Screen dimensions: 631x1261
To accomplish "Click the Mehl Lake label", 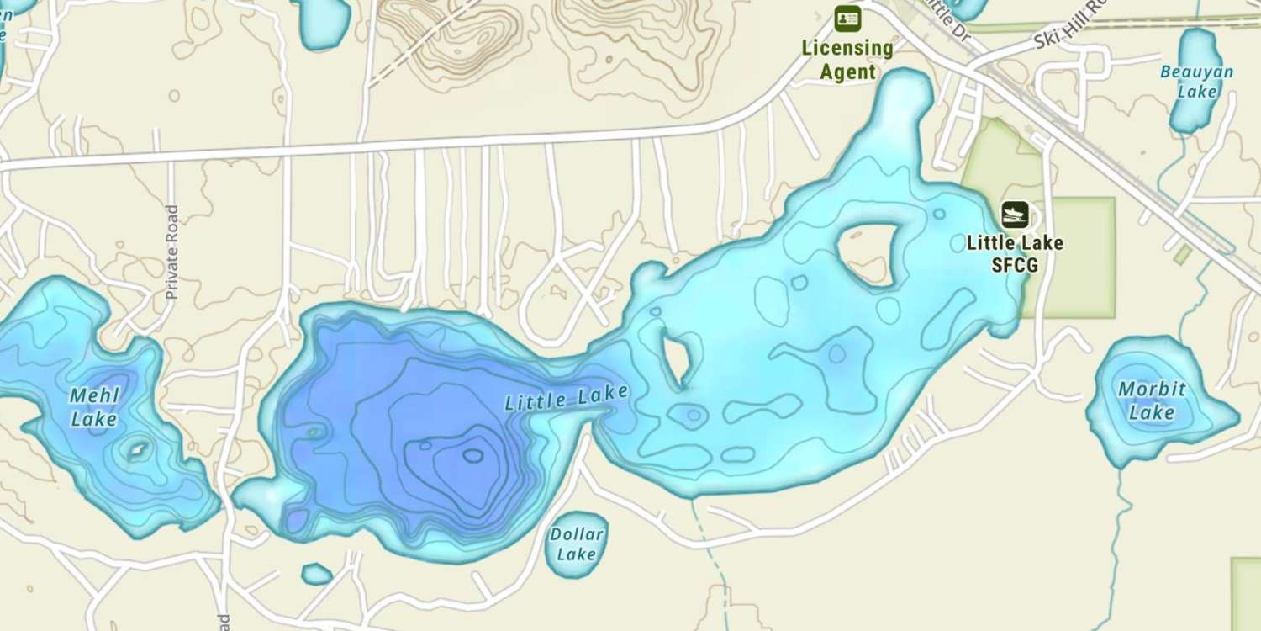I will pos(94,406).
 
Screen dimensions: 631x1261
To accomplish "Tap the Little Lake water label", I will pos(567,398).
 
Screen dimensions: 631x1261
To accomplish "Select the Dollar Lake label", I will pos(577,544).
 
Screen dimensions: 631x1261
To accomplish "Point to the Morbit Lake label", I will pos(1152,400).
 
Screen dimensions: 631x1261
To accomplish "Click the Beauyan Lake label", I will pos(1196,81).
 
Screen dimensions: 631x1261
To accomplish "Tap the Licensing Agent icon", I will pos(847,18).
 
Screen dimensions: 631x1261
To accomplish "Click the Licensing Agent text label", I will pos(847,60).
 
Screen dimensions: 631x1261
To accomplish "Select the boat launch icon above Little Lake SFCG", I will pos(1015,215).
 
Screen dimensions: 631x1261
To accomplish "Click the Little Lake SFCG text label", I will pos(1015,254).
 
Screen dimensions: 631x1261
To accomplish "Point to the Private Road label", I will pos(172,252).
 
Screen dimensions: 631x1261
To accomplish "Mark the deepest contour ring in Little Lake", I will pos(473,456).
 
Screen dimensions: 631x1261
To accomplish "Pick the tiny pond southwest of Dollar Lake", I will pos(317,575).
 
